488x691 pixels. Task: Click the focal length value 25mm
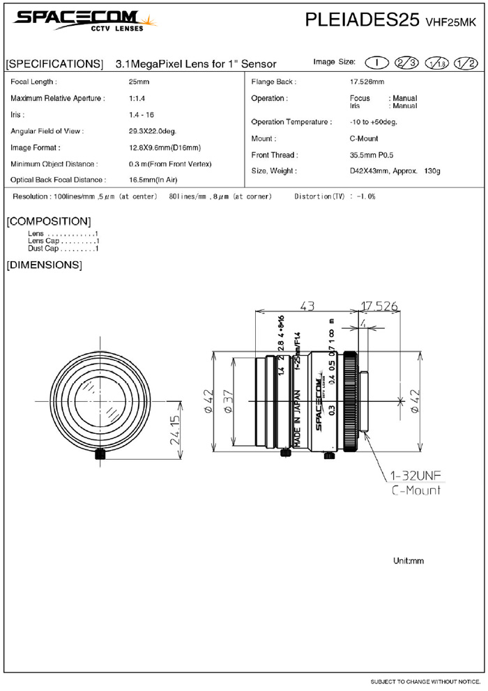tap(138, 82)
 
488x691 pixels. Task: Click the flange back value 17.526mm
tap(366, 82)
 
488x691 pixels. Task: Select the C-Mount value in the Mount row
tap(364, 139)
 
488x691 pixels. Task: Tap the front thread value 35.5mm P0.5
tap(372, 155)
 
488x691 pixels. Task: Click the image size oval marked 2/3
tap(406, 63)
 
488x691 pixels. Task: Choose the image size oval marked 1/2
tap(465, 63)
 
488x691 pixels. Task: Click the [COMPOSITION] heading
tap(48, 222)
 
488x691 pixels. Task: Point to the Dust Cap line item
tap(63, 249)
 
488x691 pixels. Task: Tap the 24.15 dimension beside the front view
tap(175, 430)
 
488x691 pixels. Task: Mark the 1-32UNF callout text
tap(415, 476)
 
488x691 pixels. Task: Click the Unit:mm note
tap(409, 561)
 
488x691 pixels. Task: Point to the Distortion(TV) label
tap(320, 197)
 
